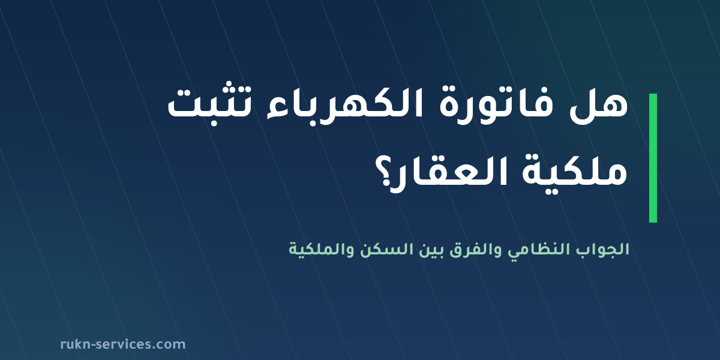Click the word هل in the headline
click(x=599, y=105)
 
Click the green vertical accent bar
click(x=653, y=158)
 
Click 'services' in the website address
click(x=124, y=344)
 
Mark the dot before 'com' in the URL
click(x=154, y=348)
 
